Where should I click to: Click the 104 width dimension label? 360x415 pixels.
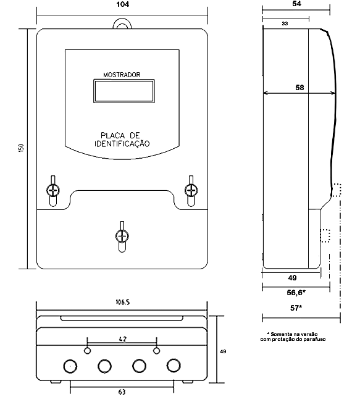122,4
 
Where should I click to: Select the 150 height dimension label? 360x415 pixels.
22,148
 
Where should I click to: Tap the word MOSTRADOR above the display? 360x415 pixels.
122,75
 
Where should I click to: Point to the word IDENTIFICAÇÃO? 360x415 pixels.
122,144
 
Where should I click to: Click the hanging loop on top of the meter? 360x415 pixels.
122,20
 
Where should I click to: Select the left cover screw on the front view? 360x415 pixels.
53,190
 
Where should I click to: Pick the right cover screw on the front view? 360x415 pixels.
191,190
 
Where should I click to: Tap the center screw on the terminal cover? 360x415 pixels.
122,236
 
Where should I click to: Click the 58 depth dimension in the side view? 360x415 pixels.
299,88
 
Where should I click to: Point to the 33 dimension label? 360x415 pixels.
285,23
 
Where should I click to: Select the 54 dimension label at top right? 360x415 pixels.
297,4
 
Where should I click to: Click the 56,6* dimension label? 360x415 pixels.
296,293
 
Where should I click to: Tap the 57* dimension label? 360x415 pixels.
296,308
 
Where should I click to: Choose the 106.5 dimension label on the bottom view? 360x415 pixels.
122,302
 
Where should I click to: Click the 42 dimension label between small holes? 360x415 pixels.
122,339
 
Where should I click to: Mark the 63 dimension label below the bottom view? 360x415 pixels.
122,392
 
